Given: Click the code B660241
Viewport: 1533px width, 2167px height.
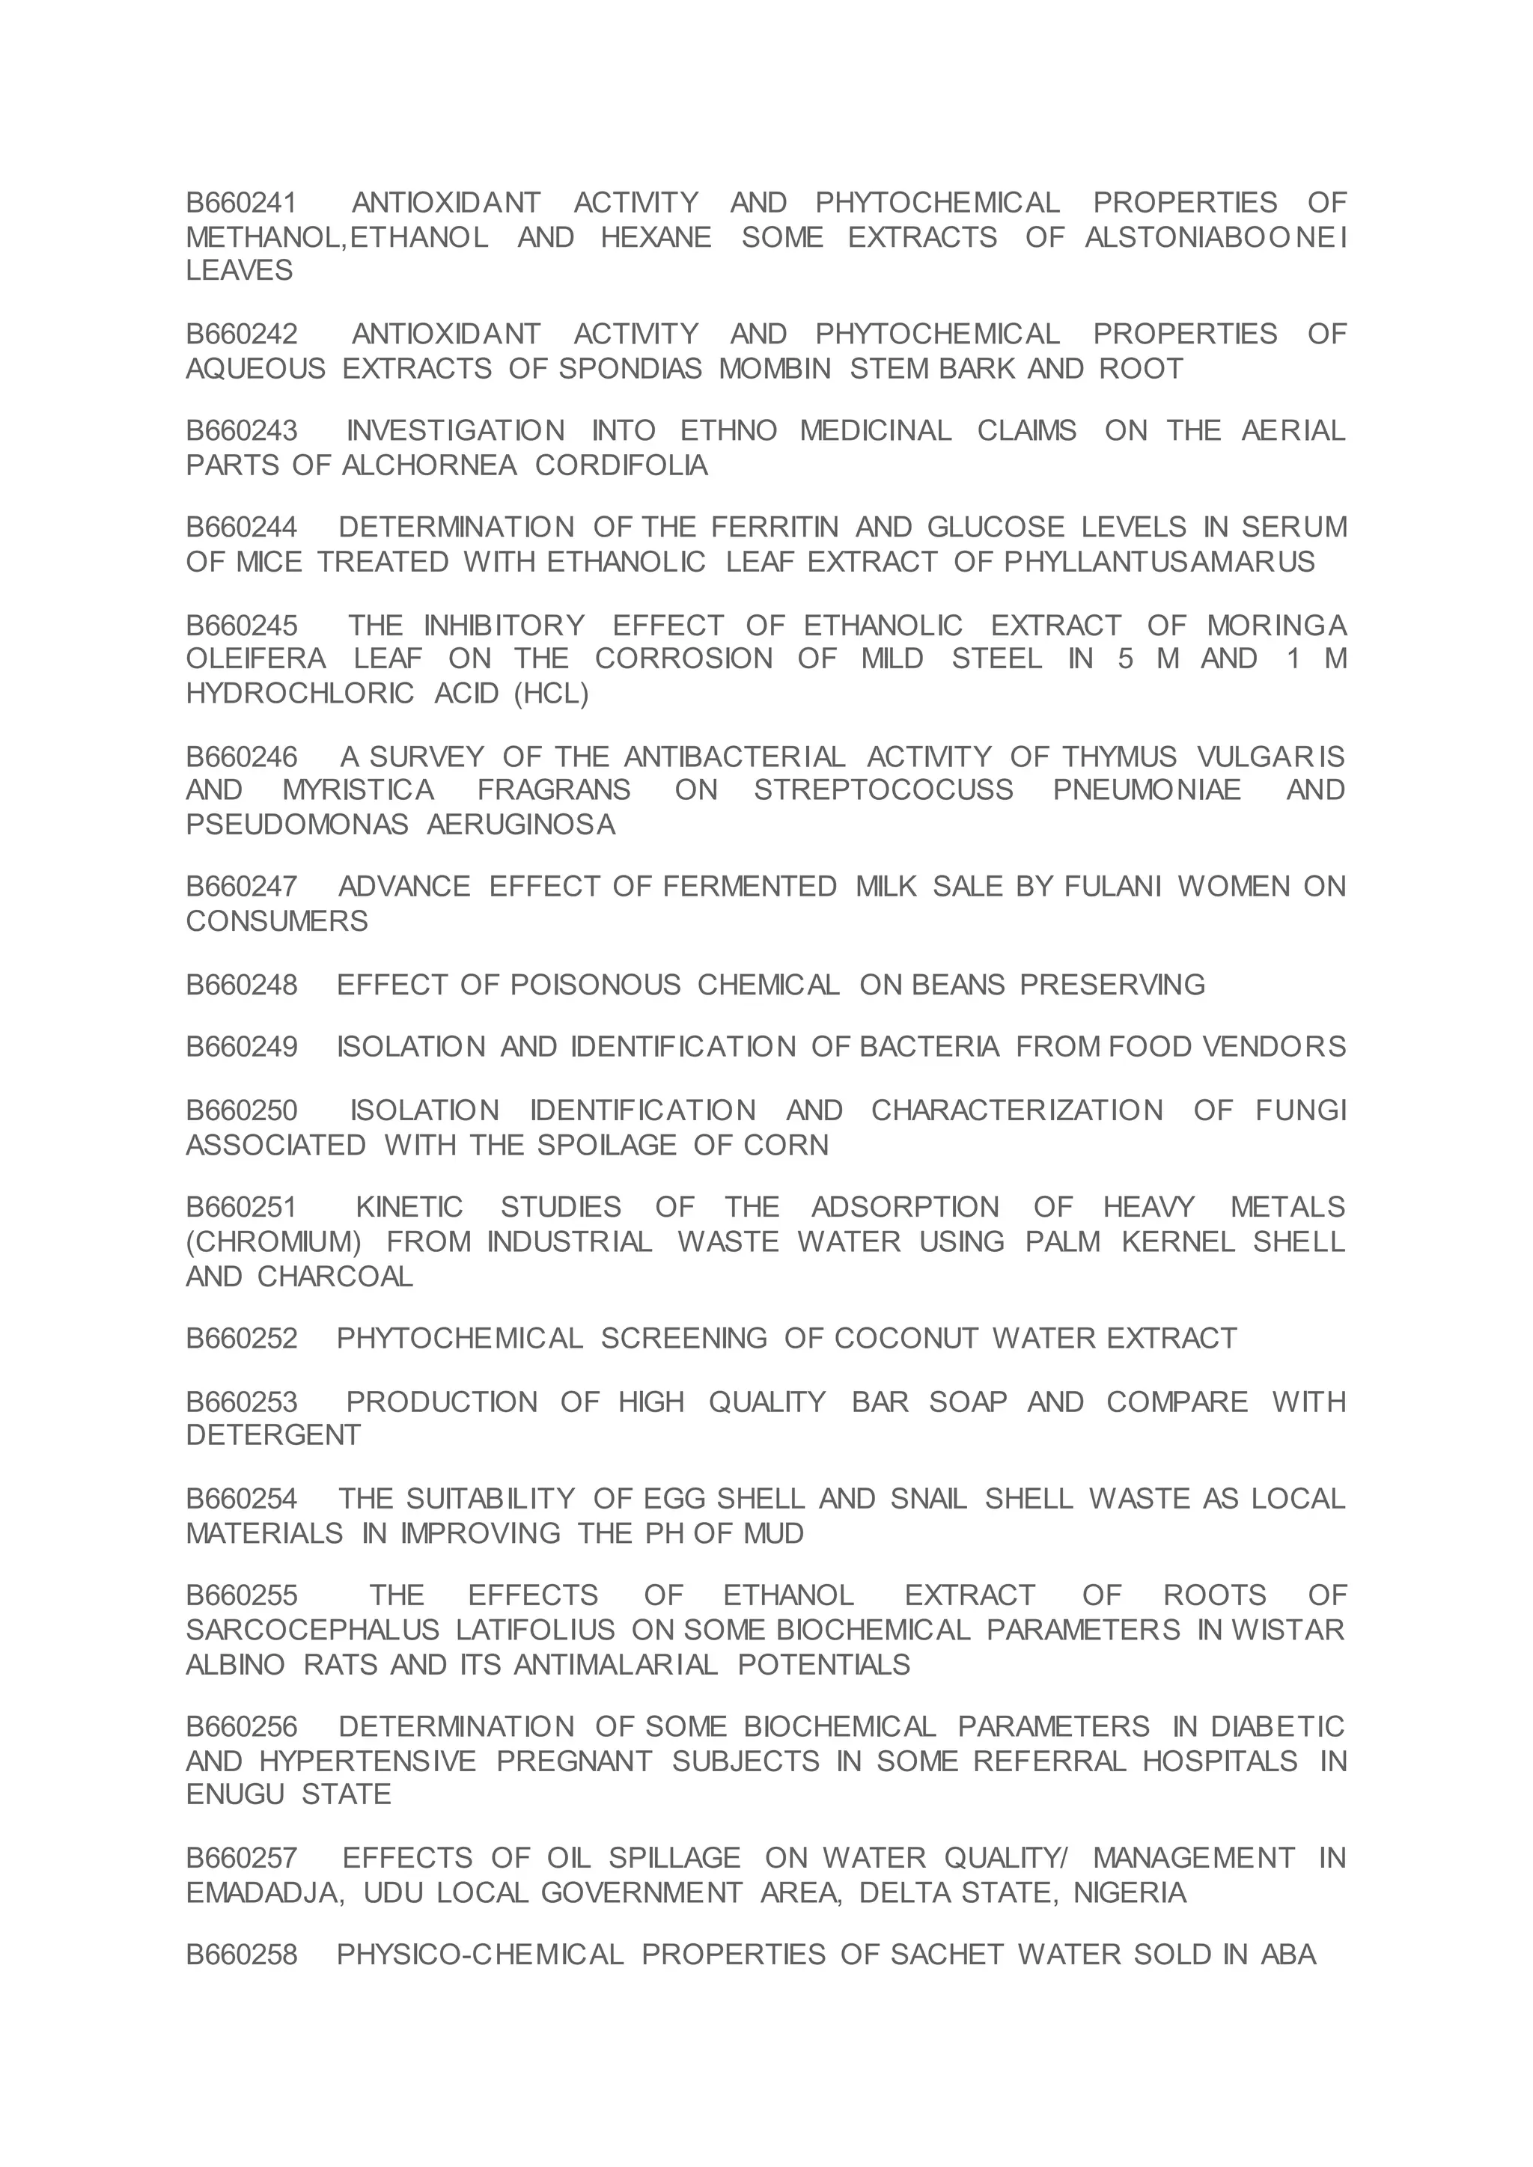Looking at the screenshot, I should click(242, 203).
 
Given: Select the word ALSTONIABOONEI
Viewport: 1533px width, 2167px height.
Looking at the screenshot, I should click(1215, 237).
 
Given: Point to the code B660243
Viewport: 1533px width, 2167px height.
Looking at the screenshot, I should click(242, 430).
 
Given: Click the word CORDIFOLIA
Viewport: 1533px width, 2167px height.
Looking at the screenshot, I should click(621, 465).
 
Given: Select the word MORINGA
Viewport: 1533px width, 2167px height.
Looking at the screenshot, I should click(1276, 626).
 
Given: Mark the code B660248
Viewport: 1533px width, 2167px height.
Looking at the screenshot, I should click(242, 985).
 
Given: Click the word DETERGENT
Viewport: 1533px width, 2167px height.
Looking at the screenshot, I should click(272, 1434).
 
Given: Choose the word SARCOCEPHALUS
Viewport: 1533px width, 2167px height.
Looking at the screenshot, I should click(312, 1630).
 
